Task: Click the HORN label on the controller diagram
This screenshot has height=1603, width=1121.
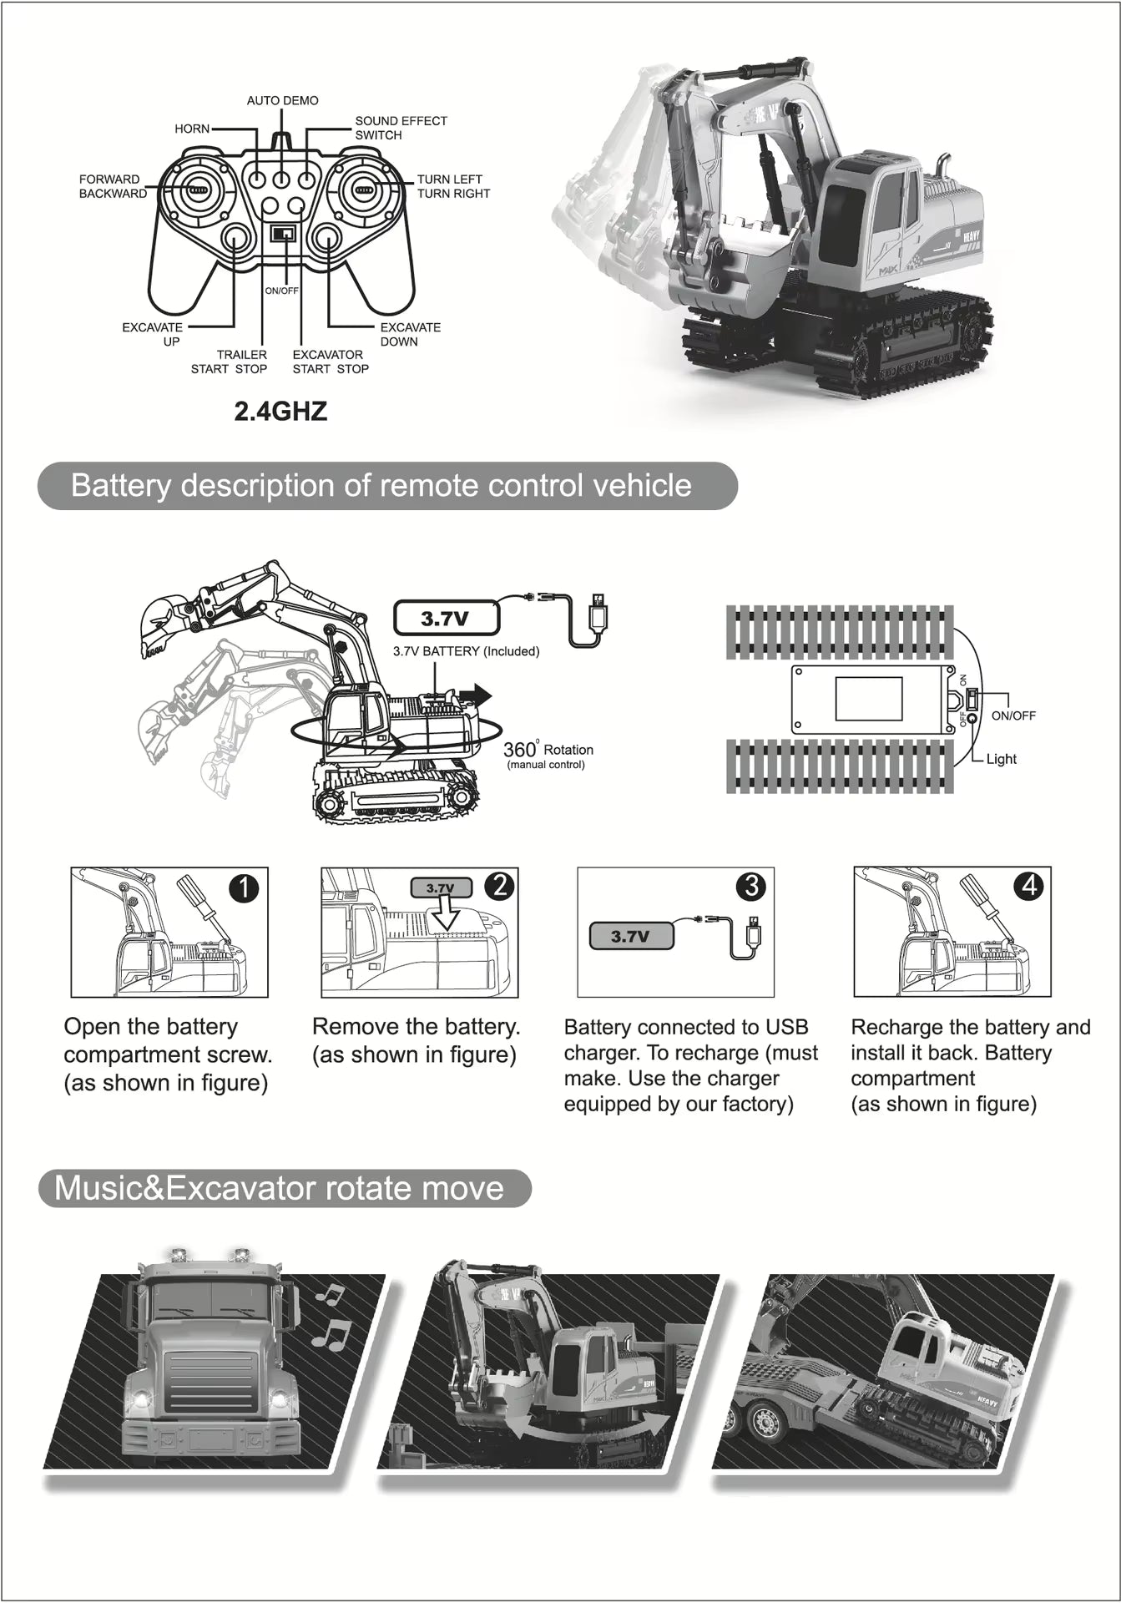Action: click(192, 129)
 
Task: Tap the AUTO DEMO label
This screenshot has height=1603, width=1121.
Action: click(282, 100)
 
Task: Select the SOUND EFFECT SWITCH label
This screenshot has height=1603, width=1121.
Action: click(401, 128)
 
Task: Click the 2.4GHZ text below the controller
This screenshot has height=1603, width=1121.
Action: click(280, 412)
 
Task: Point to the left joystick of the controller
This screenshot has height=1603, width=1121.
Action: click(195, 190)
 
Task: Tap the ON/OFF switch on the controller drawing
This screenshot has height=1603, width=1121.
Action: click(283, 234)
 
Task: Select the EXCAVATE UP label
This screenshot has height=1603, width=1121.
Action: click(153, 334)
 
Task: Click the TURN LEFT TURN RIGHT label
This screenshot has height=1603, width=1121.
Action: click(453, 186)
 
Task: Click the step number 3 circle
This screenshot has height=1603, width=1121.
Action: click(751, 886)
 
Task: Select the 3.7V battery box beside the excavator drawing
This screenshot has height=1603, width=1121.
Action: click(446, 619)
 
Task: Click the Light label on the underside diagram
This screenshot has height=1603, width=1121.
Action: click(1001, 759)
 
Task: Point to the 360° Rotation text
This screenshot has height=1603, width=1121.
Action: click(548, 751)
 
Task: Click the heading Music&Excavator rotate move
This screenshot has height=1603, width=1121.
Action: click(280, 1188)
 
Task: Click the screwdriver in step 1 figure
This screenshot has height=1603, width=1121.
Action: click(205, 909)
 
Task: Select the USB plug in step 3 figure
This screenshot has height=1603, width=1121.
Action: click(754, 930)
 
